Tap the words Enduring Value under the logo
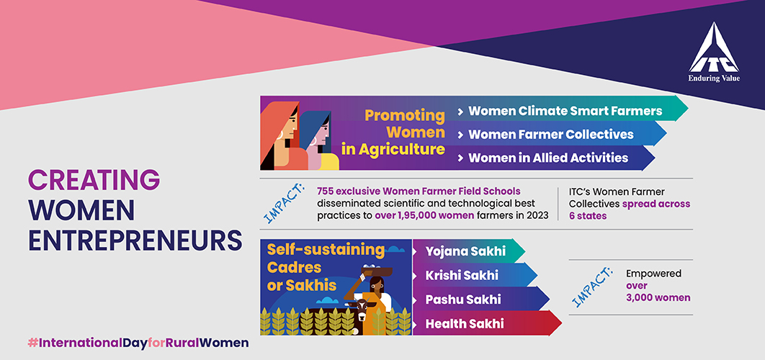click(714, 78)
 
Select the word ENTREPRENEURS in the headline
click(135, 240)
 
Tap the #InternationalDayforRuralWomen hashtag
click(138, 343)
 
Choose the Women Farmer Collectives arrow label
click(551, 134)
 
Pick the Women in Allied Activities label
click(548, 158)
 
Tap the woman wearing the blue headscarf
click(318, 141)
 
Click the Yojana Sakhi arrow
click(468, 251)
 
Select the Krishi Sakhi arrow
click(474, 275)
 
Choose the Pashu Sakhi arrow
click(480, 299)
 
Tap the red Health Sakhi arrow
click(487, 323)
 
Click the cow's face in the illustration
click(362, 310)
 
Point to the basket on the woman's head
click(376, 270)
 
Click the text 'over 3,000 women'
click(658, 292)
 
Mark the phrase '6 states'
click(588, 215)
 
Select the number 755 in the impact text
click(326, 191)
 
